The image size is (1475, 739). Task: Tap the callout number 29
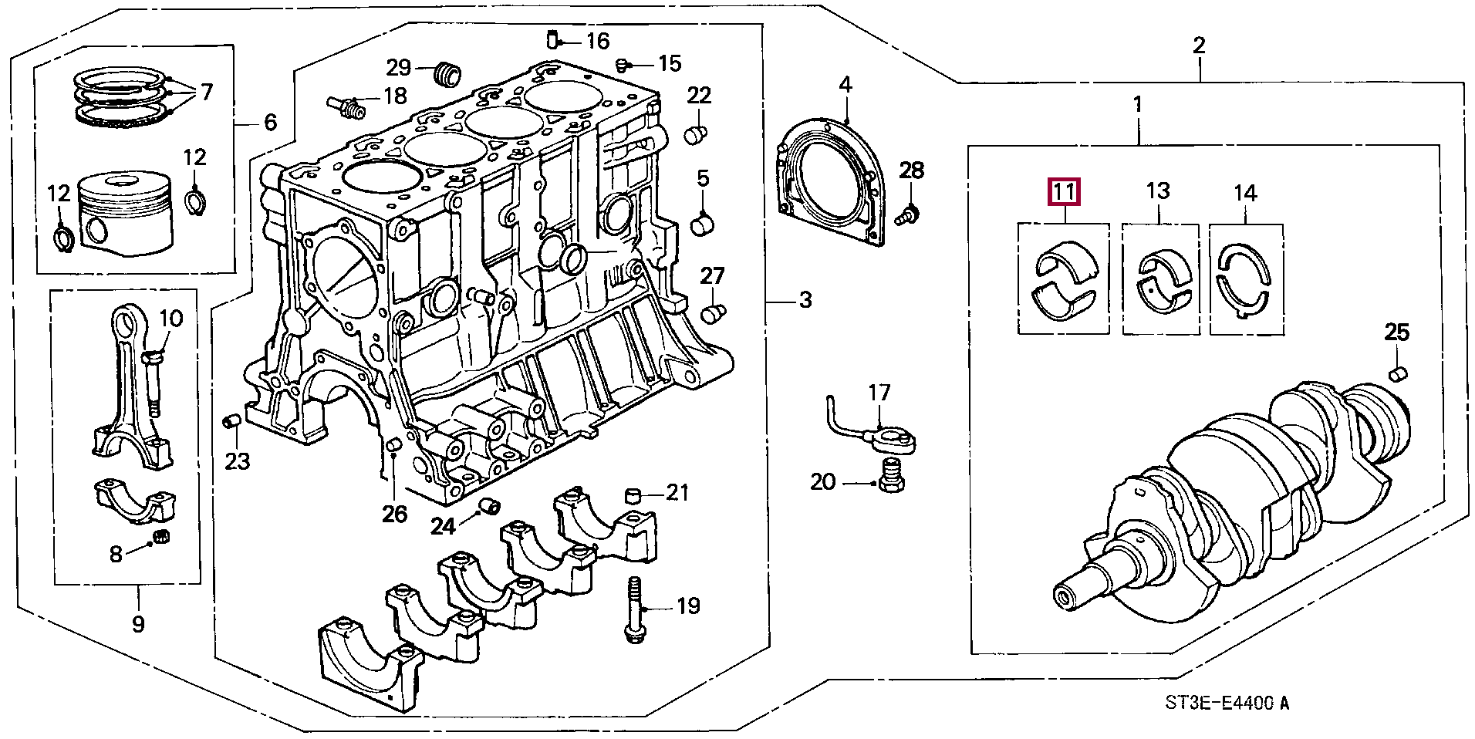coord(400,68)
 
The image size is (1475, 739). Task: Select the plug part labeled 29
coord(446,73)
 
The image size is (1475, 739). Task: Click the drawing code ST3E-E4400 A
coord(1227,704)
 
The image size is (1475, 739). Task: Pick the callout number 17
coord(879,393)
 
